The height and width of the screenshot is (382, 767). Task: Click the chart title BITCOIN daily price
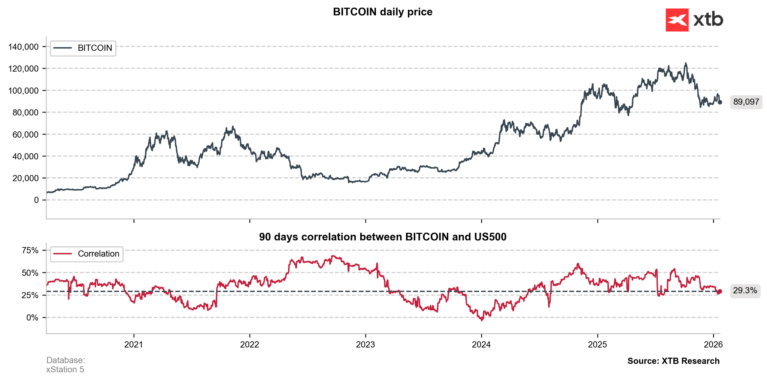382,12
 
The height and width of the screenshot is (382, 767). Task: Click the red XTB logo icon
677,20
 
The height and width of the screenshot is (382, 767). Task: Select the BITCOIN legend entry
83,48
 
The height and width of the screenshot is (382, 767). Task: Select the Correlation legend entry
87,254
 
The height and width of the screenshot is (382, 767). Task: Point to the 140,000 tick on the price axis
23,47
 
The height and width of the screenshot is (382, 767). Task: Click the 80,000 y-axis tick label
25,112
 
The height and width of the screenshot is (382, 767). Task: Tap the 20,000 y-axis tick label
25,178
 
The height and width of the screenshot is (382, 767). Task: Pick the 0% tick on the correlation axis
32,318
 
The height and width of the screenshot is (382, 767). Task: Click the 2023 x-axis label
365,345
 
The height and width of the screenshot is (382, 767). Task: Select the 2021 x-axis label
134,345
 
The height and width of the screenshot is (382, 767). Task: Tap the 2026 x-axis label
713,345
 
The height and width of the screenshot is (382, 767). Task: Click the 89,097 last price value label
746,102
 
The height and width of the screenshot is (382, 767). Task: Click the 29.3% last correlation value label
745,291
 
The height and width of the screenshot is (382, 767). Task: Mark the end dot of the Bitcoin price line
719,102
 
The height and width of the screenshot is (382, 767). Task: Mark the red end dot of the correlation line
719,291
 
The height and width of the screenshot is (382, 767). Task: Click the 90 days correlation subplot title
382,237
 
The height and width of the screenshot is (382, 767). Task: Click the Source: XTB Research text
673,361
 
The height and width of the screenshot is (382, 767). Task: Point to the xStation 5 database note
65,370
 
